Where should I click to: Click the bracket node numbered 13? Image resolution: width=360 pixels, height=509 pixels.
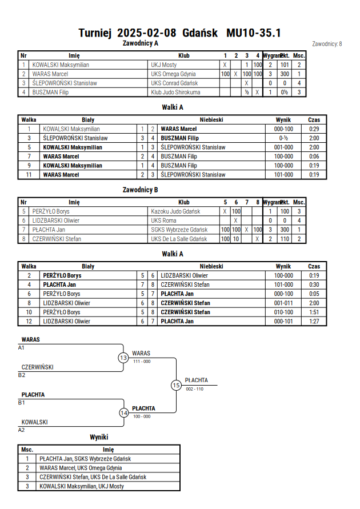coord(123,358)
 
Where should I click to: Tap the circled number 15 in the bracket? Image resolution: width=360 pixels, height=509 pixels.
coord(176,386)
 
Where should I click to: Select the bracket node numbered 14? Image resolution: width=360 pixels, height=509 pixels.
coord(124,413)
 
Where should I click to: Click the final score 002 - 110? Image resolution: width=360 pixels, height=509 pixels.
coord(194,389)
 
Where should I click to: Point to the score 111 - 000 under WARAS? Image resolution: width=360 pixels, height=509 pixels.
coord(142,361)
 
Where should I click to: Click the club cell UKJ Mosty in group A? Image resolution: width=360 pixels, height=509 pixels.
coord(163,65)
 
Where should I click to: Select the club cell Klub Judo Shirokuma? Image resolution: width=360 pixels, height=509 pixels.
coord(175,92)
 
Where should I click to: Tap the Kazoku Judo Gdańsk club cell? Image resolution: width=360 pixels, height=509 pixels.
coord(175,211)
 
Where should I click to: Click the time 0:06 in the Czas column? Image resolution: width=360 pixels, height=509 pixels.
coord(314,157)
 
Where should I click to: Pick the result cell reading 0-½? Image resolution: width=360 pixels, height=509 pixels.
coord(283,138)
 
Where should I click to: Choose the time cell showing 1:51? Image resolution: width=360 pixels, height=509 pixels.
coord(314,312)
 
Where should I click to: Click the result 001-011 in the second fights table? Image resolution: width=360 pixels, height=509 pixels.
coord(283,303)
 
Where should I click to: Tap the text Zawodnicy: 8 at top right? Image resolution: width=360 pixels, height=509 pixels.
coord(327,44)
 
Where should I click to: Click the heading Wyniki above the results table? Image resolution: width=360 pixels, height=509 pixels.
coord(99,437)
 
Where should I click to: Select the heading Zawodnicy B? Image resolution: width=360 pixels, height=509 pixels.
coord(140,190)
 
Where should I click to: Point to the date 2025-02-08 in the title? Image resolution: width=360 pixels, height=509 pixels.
coord(147,33)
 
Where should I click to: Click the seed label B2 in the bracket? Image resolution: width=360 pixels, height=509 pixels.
coord(21,375)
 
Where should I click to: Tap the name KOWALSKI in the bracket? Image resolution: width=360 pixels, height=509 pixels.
coord(34,422)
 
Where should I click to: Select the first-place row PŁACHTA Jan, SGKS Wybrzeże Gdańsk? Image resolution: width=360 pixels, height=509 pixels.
coord(85,459)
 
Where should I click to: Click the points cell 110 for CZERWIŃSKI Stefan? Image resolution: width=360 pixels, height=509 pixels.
coord(285,239)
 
